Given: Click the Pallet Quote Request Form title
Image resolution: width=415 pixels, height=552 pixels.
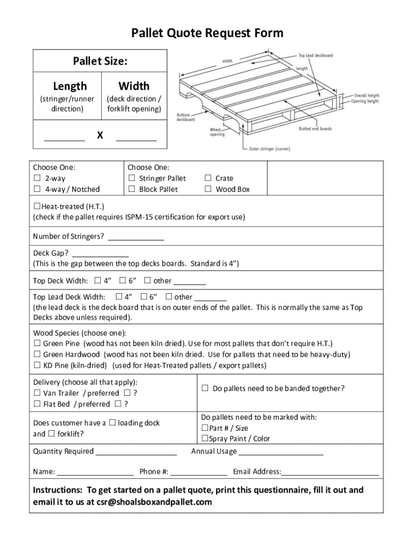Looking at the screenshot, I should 207,33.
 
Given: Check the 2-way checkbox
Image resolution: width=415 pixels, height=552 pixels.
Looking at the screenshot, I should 37,178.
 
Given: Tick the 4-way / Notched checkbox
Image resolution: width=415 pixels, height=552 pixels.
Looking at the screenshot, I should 37,189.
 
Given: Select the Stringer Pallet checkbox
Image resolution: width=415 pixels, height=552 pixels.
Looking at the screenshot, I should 132,178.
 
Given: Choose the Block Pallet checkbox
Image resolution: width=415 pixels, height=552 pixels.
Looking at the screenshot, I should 132,189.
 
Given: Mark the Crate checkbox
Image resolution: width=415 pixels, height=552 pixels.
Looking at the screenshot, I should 208,178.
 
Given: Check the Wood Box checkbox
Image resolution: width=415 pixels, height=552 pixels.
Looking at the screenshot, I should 208,189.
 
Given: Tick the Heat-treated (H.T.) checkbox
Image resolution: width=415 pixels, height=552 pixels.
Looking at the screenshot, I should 37,206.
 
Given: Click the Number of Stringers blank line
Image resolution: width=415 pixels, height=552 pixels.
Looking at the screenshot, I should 136,237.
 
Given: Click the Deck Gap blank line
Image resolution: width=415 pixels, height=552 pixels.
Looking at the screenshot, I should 100,253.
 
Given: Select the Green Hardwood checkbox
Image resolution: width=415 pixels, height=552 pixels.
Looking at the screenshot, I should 37,355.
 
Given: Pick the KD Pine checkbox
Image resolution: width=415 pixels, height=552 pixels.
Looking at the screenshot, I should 37,365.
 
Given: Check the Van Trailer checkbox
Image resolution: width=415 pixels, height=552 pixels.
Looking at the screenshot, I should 37,393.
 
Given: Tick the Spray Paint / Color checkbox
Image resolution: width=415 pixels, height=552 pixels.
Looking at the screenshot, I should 205,439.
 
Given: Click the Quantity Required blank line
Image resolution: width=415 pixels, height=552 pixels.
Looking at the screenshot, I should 136,452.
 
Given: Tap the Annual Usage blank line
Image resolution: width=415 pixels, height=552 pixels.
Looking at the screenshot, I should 281,452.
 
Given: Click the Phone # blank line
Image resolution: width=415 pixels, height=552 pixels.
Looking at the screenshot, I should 199,472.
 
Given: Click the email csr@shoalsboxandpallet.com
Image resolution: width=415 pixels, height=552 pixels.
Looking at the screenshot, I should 155,502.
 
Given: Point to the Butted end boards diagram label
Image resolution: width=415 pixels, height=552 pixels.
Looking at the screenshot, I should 315,129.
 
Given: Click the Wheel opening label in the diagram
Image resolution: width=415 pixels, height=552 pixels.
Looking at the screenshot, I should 218,132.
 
